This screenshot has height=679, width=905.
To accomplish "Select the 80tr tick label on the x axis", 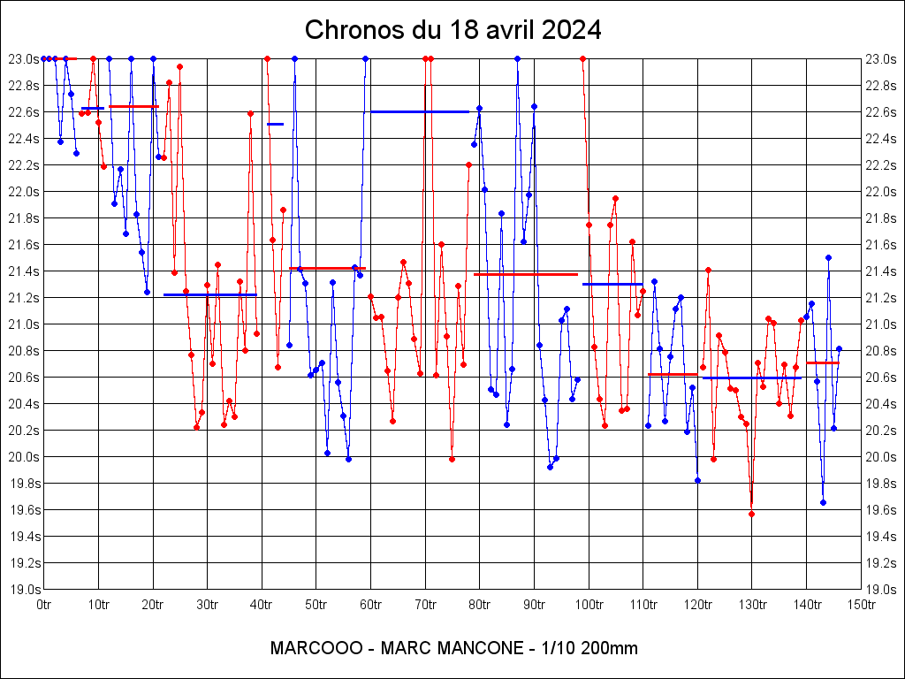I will click(480, 605).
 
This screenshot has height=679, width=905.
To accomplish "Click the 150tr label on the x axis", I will click(862, 605).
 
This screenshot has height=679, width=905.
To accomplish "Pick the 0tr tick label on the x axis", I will click(43, 605).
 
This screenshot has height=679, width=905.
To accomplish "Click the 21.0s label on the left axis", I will click(24, 324).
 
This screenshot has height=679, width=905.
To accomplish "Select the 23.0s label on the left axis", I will click(24, 59).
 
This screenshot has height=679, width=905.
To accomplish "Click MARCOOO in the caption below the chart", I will click(316, 648).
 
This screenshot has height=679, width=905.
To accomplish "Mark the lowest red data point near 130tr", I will click(751, 514).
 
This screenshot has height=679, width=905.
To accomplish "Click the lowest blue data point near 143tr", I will click(823, 502).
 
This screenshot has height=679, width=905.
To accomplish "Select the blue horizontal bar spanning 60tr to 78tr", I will click(420, 111).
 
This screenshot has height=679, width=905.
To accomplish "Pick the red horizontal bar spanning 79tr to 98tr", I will click(526, 274).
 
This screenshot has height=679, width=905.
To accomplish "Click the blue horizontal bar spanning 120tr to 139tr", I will click(751, 378).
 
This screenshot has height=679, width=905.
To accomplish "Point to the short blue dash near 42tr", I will click(275, 124).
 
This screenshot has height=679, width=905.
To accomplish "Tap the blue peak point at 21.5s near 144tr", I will click(828, 257).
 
